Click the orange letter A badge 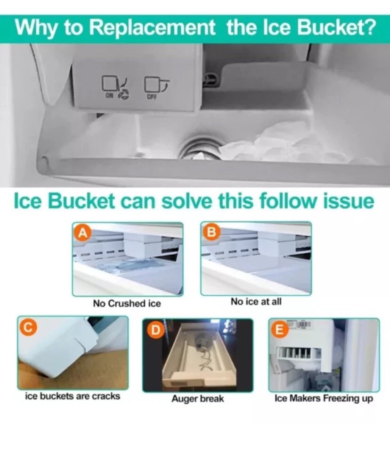[x=82, y=233]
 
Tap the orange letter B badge [x=211, y=231]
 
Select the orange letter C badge [x=27, y=327]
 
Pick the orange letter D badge [x=155, y=330]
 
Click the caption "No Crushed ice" [x=127, y=303]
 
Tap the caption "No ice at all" [x=256, y=301]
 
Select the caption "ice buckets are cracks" [x=73, y=396]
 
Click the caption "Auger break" [x=198, y=399]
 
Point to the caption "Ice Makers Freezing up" [x=324, y=398]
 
